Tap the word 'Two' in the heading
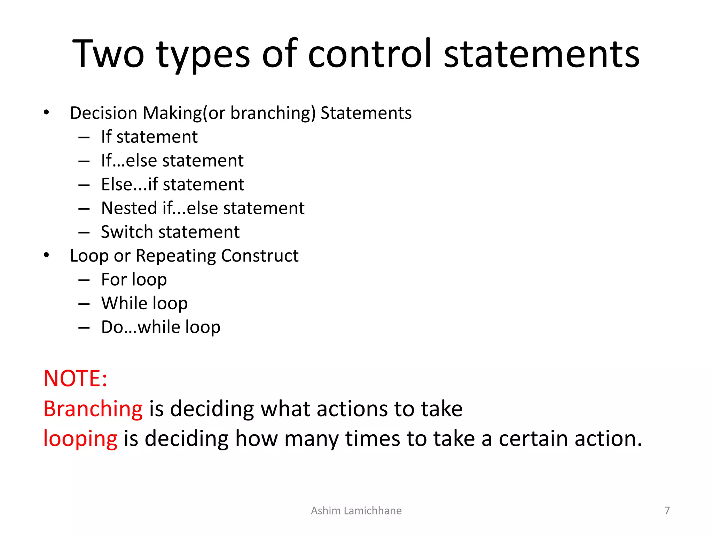pyautogui.click(x=108, y=54)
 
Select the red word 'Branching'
pyautogui.click(x=93, y=409)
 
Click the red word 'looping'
pyautogui.click(x=80, y=439)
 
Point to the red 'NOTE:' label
pyautogui.click(x=75, y=379)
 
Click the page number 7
pyautogui.click(x=667, y=511)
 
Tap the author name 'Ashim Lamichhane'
pyautogui.click(x=356, y=511)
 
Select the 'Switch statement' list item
pyautogui.click(x=170, y=232)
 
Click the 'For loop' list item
pyautogui.click(x=134, y=280)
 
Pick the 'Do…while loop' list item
pyautogui.click(x=160, y=327)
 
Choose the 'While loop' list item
pyautogui.click(x=144, y=303)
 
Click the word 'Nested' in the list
pyautogui.click(x=129, y=208)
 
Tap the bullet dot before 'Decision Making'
pyautogui.click(x=47, y=113)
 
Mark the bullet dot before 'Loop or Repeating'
pyautogui.click(x=47, y=256)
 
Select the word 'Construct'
pyautogui.click(x=260, y=256)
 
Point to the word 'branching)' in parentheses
pyautogui.click(x=273, y=113)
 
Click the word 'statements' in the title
pyautogui.click(x=542, y=54)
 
